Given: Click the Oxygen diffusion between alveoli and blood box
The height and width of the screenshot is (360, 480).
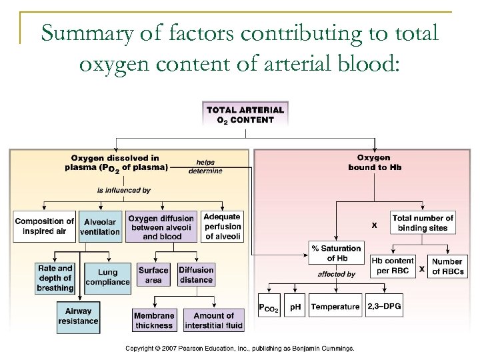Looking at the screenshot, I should click(x=161, y=227).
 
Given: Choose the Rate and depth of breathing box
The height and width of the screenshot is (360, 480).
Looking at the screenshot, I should click(x=55, y=277).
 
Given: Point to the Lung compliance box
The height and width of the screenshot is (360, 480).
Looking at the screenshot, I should click(x=107, y=277).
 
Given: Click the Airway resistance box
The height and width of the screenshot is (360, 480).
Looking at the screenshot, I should click(x=78, y=316).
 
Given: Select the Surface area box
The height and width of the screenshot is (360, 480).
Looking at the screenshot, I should click(x=153, y=275).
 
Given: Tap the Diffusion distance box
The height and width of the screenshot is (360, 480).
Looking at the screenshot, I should click(x=196, y=275).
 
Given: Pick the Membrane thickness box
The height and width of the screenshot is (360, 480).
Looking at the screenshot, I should click(x=154, y=320).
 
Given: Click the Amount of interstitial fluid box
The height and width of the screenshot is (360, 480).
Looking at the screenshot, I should click(x=213, y=320).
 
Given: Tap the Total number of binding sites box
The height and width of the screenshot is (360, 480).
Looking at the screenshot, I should click(x=423, y=223).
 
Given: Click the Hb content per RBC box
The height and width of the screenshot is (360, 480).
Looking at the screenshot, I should click(x=392, y=265).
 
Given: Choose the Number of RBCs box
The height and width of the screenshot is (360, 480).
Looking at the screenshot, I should click(x=446, y=266).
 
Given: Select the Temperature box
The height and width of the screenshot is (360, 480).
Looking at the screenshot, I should click(x=335, y=307).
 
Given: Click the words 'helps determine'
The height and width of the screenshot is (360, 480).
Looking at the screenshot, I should click(x=205, y=166).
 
